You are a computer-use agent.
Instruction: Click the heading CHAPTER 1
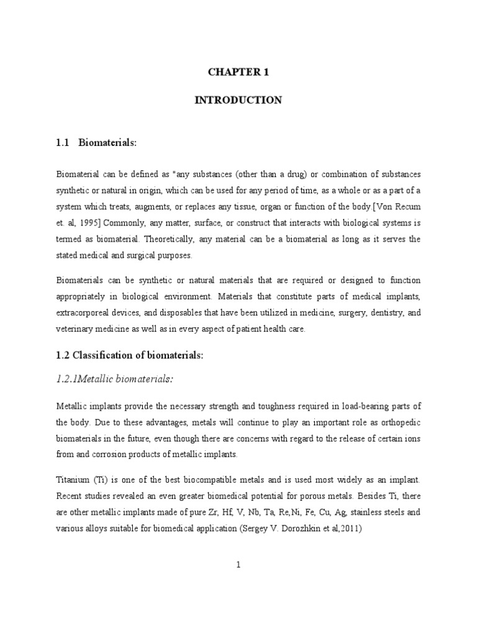[238, 72]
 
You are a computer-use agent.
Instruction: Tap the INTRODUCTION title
[238, 100]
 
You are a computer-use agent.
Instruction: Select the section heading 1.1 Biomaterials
[96, 143]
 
